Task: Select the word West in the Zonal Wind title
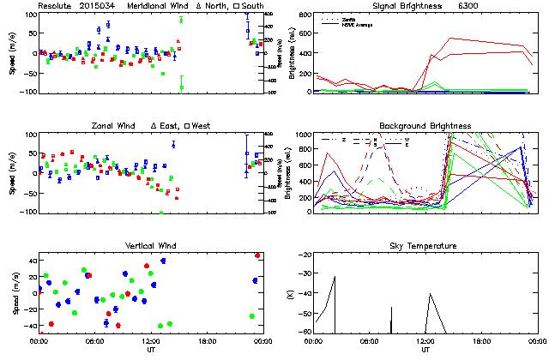208,126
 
